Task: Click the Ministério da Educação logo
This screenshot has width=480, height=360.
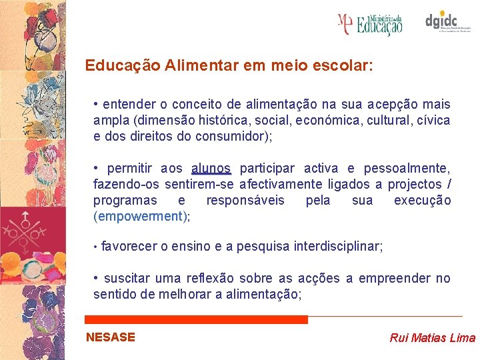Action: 371,24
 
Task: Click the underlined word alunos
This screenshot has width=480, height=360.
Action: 211,168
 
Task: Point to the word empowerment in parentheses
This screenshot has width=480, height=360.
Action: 141,216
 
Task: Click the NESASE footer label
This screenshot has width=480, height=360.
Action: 111,337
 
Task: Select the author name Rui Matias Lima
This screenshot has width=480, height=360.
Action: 432,338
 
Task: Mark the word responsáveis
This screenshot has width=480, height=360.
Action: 245,200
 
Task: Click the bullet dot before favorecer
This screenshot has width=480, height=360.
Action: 96,247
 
